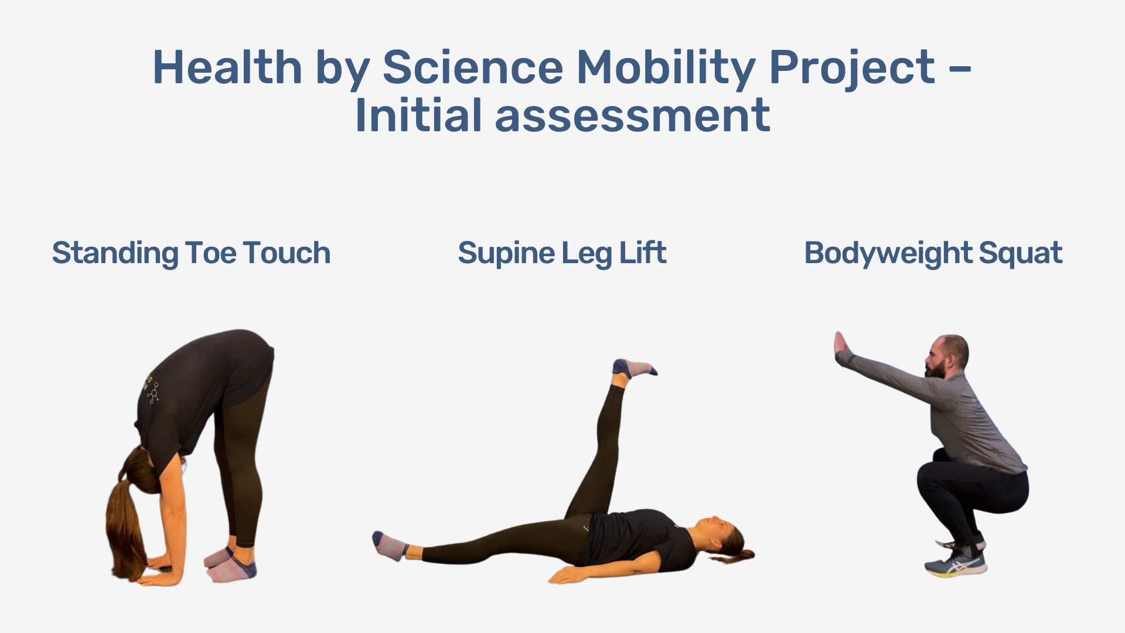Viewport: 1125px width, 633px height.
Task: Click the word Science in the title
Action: (x=472, y=67)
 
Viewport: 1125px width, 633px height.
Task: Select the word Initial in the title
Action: (x=417, y=115)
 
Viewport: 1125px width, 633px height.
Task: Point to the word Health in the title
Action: (x=227, y=67)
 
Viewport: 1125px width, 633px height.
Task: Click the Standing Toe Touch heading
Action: (x=191, y=253)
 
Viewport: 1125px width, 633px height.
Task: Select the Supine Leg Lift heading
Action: (x=562, y=253)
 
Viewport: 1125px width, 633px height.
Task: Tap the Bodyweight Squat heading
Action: (x=933, y=253)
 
